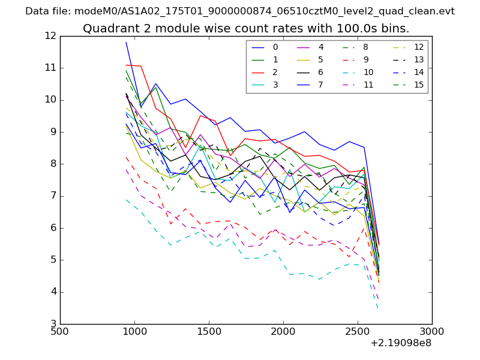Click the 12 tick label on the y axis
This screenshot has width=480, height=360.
pos(50,36)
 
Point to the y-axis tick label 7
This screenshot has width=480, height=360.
pos(53,196)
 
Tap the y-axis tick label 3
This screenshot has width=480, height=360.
pos(53,324)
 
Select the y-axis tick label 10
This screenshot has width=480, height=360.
pos(50,100)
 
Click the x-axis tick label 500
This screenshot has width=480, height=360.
pos(60,332)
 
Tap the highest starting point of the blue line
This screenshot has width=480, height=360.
pos(126,42)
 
